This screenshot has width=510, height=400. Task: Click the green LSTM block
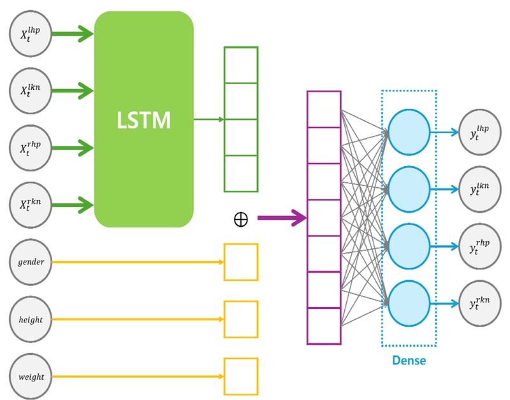coord(144,119)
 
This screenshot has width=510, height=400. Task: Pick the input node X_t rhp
coord(31,148)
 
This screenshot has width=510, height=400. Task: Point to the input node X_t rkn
coord(31,205)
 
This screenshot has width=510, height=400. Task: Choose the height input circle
coord(31,319)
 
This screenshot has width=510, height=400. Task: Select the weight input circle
coord(31,376)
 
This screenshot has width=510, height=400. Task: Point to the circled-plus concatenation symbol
coord(240,219)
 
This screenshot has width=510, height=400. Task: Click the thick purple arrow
coord(281,218)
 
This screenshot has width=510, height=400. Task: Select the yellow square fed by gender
coord(241,262)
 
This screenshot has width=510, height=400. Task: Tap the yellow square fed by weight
coord(241,376)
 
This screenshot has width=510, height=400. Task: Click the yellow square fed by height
coord(241,319)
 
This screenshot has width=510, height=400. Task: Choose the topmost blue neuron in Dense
coord(409,132)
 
